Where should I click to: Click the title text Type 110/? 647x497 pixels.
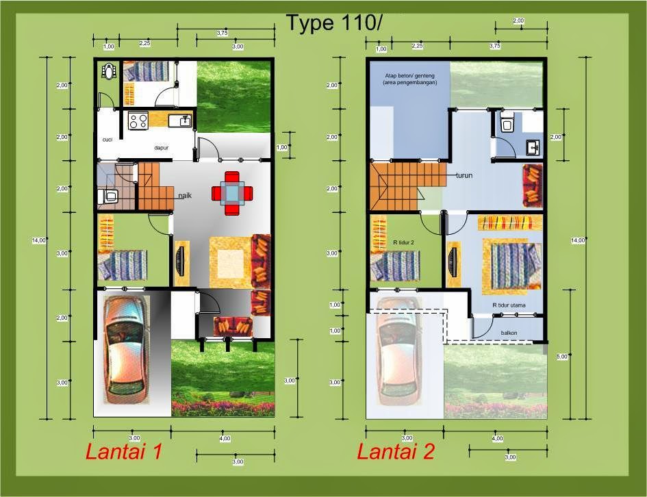pos(333,23)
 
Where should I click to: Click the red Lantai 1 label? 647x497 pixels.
pos(123,452)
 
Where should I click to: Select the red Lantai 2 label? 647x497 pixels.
pos(396,452)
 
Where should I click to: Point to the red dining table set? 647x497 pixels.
pos(233,192)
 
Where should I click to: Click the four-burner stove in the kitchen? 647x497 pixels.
pos(138,120)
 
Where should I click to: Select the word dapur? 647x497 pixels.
pos(162,147)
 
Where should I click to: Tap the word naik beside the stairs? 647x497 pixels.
pos(185,196)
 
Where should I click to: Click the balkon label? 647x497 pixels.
pos(509,333)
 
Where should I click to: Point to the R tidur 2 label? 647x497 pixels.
pos(404,242)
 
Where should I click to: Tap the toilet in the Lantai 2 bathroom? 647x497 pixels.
pos(507,123)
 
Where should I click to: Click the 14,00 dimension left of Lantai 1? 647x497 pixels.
pos(39,240)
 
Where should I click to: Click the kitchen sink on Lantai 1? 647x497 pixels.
pos(184,121)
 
